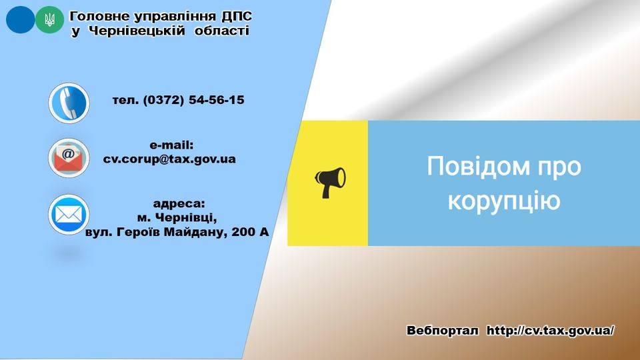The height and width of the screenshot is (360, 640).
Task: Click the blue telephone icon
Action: click(69, 103)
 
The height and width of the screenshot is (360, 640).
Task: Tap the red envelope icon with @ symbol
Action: click(69, 158)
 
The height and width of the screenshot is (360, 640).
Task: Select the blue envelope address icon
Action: click(69, 215)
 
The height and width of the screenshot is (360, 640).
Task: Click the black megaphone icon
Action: click(330, 183)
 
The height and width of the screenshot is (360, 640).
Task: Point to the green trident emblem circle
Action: click(50, 19)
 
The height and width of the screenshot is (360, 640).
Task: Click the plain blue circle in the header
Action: click(21, 19)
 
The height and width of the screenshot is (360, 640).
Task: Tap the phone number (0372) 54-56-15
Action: click(193, 100)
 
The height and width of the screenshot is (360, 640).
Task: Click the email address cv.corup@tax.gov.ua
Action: click(169, 159)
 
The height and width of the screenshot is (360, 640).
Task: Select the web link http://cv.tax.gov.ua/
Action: click(550, 330)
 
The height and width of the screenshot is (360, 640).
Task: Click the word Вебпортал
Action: click(443, 330)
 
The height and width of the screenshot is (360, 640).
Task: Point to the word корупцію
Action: click(504, 201)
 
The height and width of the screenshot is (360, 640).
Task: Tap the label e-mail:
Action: click(171, 145)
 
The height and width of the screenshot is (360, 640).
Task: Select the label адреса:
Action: click(179, 204)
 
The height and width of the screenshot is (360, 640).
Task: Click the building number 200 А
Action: click(251, 232)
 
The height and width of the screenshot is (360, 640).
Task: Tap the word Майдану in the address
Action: click(195, 233)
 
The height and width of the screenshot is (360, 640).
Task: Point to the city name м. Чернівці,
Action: click(177, 218)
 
